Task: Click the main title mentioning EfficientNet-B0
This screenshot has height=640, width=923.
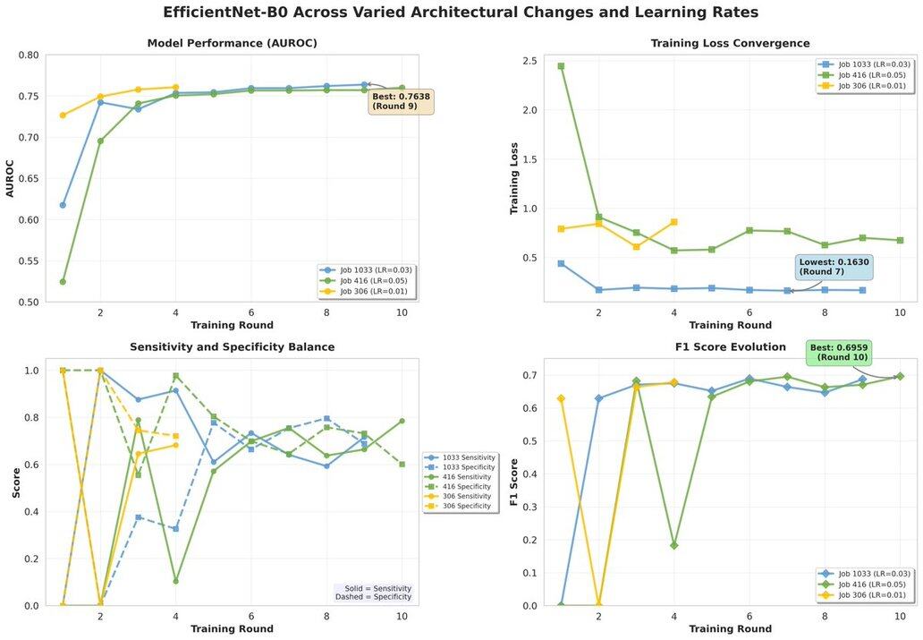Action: pyautogui.click(x=461, y=13)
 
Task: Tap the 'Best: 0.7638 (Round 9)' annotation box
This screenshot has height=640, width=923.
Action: pyautogui.click(x=401, y=100)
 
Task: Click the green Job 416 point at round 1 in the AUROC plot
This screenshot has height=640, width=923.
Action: pyautogui.click(x=63, y=281)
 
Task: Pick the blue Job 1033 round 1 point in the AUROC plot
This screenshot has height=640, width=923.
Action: pyautogui.click(x=63, y=205)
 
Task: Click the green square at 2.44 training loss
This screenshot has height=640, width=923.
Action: pyautogui.click(x=561, y=66)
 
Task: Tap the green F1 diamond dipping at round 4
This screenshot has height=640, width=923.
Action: pyautogui.click(x=673, y=545)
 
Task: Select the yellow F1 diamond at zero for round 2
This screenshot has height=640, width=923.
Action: pyautogui.click(x=598, y=605)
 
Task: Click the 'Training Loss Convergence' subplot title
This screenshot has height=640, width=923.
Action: pyautogui.click(x=730, y=43)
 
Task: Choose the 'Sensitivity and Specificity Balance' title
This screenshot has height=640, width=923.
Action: pyautogui.click(x=232, y=346)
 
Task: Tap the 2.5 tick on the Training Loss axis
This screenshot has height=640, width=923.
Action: pyautogui.click(x=529, y=62)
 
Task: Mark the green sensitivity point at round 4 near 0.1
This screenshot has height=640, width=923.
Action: pyautogui.click(x=175, y=581)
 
